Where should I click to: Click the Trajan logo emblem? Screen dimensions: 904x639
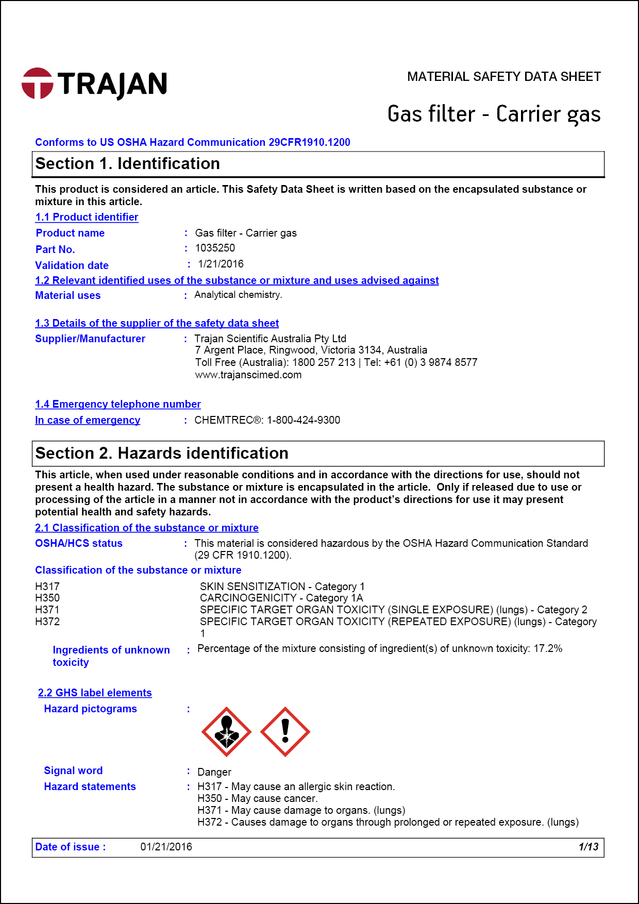tap(37, 83)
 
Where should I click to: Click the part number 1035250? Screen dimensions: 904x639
tap(215, 248)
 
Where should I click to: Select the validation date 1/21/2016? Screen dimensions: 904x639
tap(221, 264)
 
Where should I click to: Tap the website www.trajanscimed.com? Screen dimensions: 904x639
tap(248, 375)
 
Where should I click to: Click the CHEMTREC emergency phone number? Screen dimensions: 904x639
tap(303, 420)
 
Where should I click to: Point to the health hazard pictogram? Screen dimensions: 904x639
tap(226, 732)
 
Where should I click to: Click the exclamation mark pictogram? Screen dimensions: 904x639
tap(285, 732)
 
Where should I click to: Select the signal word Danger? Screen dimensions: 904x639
tap(214, 772)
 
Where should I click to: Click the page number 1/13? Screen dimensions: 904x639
tap(588, 847)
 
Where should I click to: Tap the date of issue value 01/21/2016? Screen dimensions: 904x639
tap(166, 847)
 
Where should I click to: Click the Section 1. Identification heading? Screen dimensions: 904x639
tap(128, 164)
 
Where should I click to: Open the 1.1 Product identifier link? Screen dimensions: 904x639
tap(87, 217)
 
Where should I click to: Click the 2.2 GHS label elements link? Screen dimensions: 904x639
tap(95, 693)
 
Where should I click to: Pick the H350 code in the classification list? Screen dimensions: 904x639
tap(47, 598)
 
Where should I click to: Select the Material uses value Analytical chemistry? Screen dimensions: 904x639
tap(238, 295)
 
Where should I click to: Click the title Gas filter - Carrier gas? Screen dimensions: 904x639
tap(494, 114)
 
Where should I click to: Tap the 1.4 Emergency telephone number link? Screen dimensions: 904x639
tap(118, 405)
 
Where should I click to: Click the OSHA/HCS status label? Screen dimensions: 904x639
tap(79, 543)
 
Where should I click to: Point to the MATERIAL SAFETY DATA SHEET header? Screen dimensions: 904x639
tap(503, 77)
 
